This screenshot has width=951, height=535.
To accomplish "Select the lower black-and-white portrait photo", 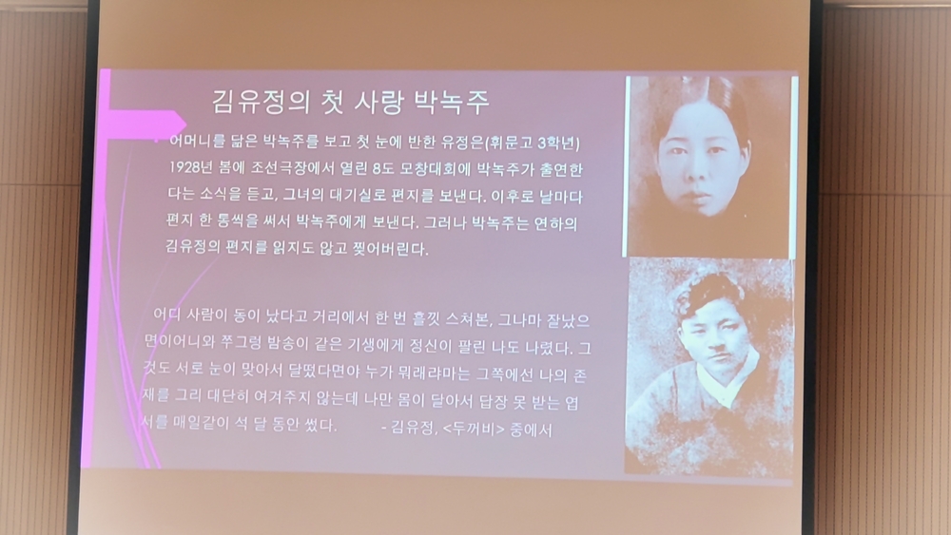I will pos(709,365).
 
